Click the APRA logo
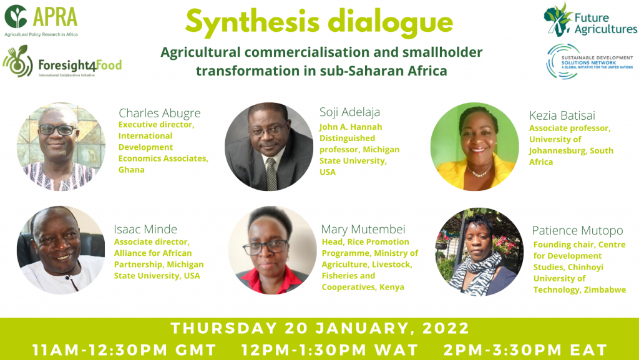(x=41, y=21)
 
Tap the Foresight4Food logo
(x=62, y=62)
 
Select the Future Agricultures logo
(x=590, y=20)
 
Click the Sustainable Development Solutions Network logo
(x=590, y=62)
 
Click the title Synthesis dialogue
(x=319, y=22)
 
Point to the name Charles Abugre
(x=160, y=113)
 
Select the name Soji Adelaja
(x=349, y=112)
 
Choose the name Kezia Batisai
(x=562, y=115)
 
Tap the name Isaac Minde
(x=145, y=229)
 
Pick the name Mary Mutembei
(x=363, y=229)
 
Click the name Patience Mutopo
(x=577, y=230)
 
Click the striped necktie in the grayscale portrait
(x=271, y=173)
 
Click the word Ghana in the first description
(x=132, y=170)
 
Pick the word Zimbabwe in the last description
(x=605, y=289)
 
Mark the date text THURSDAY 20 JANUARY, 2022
(x=320, y=328)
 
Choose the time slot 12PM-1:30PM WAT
(x=329, y=350)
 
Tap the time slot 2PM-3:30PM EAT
(x=525, y=350)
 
